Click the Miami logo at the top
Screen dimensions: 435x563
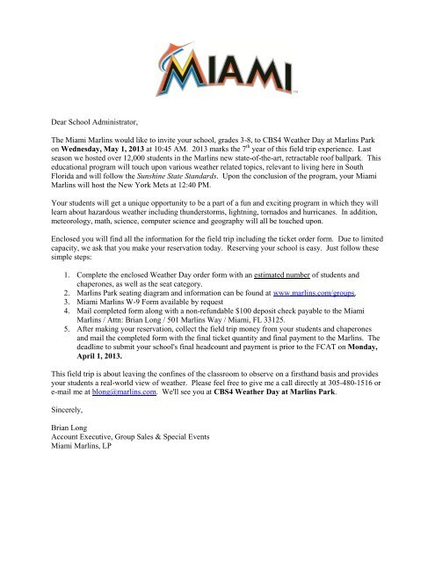(x=218, y=69)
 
